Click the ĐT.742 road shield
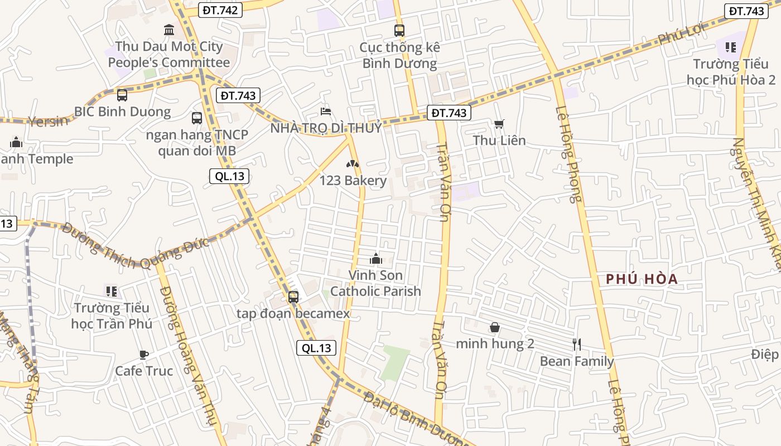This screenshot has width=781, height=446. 220,9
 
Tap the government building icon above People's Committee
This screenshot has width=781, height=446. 168,30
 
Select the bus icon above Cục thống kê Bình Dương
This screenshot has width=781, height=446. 399,31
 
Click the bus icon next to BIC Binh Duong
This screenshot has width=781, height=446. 122,95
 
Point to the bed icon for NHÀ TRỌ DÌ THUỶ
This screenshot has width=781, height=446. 326,112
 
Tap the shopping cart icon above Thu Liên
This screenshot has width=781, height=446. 499,124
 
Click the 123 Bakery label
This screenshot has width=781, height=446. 353,181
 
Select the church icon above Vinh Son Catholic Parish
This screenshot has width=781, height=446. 375,259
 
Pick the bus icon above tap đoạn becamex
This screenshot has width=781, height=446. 293,297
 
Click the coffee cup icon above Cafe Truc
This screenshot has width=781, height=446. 144,355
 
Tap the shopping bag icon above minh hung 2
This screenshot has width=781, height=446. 495,327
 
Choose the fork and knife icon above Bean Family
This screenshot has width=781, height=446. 577,345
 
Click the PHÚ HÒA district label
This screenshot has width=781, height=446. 642,279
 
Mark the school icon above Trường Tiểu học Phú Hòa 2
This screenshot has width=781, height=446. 730,48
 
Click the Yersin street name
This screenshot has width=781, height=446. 47,121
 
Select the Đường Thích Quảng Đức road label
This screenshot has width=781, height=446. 135,246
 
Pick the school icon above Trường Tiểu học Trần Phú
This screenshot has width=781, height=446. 112,291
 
